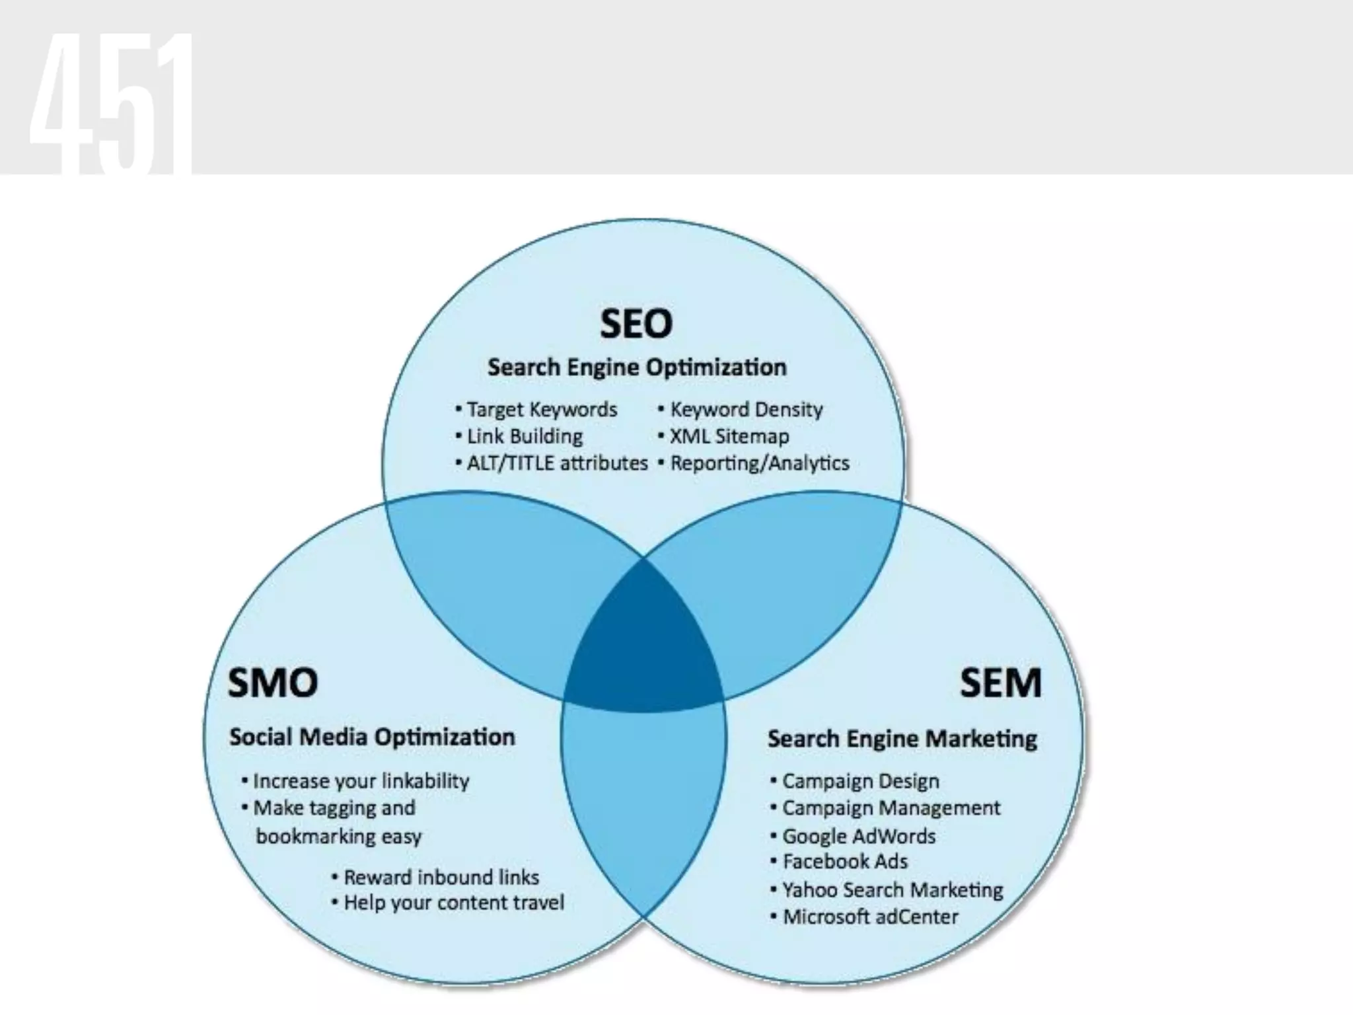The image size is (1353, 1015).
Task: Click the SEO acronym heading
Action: (x=636, y=324)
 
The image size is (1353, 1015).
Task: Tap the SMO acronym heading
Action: (x=273, y=683)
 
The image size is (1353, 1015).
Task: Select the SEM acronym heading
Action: (x=1000, y=683)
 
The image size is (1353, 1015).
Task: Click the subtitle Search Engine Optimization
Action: (x=637, y=367)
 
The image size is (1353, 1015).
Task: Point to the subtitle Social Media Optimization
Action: (x=372, y=737)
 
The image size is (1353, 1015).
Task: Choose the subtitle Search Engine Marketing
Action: (x=902, y=738)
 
